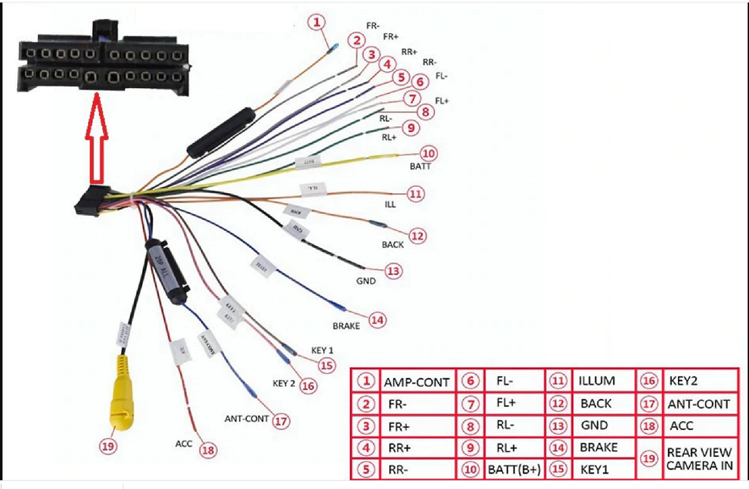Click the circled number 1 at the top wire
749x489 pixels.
click(x=316, y=23)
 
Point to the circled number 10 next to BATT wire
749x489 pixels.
click(x=429, y=154)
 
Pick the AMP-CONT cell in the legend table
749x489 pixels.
click(x=416, y=382)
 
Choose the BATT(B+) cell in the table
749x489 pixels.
click(x=514, y=470)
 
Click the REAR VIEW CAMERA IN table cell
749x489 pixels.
click(x=699, y=460)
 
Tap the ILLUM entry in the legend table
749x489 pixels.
click(x=597, y=381)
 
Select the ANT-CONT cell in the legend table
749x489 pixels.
click(x=699, y=404)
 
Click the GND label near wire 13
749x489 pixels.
click(x=366, y=281)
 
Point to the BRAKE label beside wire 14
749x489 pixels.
click(x=346, y=326)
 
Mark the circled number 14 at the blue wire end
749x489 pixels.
click(x=377, y=320)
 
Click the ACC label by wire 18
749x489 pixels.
click(x=184, y=444)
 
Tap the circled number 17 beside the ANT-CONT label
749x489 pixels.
click(x=280, y=421)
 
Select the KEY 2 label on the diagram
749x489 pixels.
click(x=284, y=384)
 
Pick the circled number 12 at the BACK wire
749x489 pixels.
click(x=417, y=236)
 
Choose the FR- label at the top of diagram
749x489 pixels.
click(x=374, y=26)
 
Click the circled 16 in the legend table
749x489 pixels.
click(x=649, y=381)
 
